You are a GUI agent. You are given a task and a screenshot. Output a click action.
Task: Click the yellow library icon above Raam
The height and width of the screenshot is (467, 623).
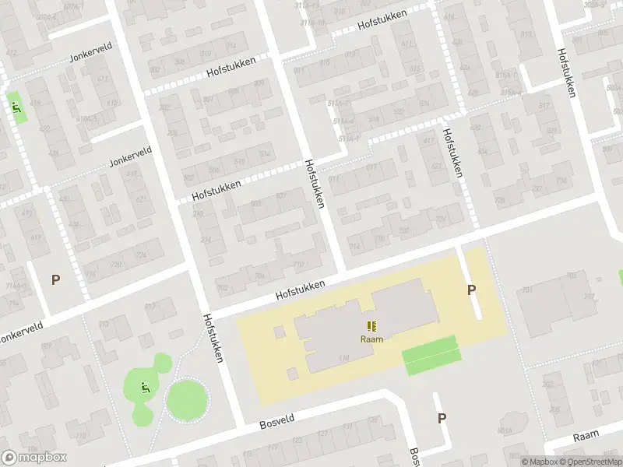(371, 326)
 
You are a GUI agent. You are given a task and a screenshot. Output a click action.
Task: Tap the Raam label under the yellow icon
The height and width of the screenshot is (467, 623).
(371, 339)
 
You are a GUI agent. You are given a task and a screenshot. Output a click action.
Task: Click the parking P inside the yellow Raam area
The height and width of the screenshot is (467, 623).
(471, 290)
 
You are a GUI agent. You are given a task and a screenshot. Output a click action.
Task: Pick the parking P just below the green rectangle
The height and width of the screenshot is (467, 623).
(442, 418)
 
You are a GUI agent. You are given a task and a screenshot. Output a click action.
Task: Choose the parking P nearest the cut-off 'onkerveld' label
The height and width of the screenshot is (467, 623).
(55, 279)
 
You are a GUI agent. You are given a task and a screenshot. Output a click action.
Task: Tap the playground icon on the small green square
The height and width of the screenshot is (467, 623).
(16, 107)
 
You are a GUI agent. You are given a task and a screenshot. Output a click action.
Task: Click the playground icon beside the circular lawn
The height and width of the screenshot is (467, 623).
(145, 388)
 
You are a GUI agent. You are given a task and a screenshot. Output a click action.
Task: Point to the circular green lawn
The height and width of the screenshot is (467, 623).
(188, 400)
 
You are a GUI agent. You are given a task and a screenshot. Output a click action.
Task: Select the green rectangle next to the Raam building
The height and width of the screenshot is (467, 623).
(431, 356)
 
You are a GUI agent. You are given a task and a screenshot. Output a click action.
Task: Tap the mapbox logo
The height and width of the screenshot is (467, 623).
(34, 457)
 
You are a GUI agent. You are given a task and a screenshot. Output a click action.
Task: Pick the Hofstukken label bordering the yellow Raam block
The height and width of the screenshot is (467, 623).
(300, 291)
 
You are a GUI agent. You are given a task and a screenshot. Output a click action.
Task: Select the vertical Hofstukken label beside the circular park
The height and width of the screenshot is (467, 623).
(213, 338)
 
